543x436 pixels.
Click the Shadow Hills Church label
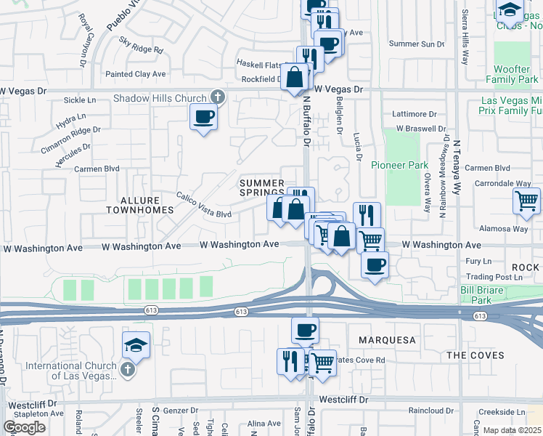point(160,98)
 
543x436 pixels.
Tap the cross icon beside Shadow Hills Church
point(216,97)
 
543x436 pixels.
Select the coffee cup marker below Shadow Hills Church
point(203,116)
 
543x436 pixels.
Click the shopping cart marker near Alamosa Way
point(526,200)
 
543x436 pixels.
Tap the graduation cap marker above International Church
point(136,345)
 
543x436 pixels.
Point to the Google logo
point(24,427)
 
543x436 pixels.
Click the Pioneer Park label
point(399,165)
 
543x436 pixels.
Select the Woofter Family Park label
point(512,74)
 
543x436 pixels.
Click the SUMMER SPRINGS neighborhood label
point(262,187)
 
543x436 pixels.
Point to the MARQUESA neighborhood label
point(387,340)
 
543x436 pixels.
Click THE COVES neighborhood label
point(473,355)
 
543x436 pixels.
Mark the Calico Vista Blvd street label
point(205,206)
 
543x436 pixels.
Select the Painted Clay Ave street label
point(136,74)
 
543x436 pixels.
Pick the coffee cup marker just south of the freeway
point(305,330)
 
